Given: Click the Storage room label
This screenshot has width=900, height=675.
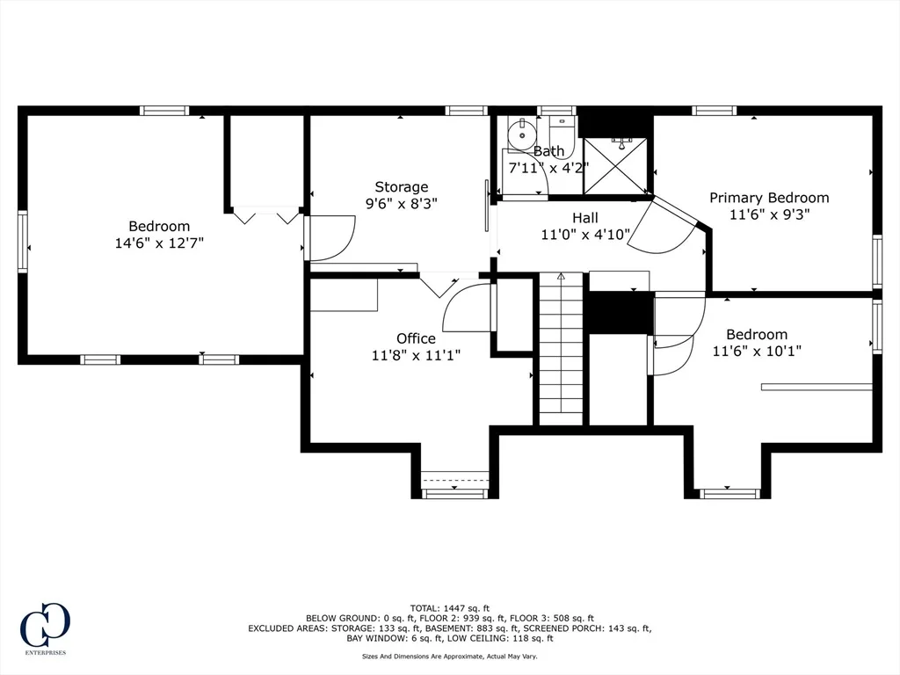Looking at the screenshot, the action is tap(401, 187).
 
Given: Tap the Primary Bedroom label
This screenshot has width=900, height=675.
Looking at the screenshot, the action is tap(769, 198).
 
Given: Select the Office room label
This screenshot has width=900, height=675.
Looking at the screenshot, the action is tap(416, 338).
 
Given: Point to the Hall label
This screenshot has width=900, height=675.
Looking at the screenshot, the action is tap(584, 218).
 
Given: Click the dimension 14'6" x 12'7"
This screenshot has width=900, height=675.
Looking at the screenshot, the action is tap(159, 243).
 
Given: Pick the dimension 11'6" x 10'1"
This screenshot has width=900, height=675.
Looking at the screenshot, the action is tap(757, 351).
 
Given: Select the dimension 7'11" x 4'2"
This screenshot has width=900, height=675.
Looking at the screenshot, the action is tap(548, 168).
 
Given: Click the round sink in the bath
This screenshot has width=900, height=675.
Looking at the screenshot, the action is tap(522, 134).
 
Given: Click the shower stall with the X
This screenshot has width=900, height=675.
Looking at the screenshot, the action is tap(615, 165).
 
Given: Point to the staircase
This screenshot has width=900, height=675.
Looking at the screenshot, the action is tap(561, 349).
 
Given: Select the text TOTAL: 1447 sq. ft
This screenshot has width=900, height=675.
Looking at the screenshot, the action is tap(449, 608).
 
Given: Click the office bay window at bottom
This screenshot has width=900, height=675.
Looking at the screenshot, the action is tap(454, 493).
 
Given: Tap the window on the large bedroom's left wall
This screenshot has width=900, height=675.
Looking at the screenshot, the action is tap(23, 241).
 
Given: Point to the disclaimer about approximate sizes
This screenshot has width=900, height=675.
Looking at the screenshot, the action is tap(449, 656).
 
